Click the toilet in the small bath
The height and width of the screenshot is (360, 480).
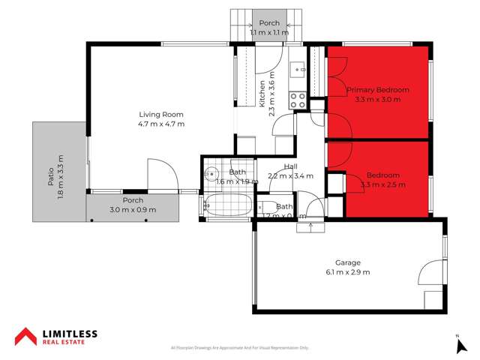pyautogui.click(x=265, y=206)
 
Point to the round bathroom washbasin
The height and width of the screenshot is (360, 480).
pyautogui.click(x=210, y=172)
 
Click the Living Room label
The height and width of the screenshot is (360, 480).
pyautogui.click(x=160, y=115)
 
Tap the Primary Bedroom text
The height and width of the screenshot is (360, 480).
pyautogui.click(x=377, y=90)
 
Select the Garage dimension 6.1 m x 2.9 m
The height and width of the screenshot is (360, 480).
pyautogui.click(x=348, y=271)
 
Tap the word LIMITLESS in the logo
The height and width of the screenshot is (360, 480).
pyautogui.click(x=70, y=333)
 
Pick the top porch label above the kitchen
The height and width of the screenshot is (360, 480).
pyautogui.click(x=269, y=23)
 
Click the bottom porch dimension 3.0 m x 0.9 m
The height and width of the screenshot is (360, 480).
pyautogui.click(x=133, y=209)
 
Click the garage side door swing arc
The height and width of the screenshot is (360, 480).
pyautogui.click(x=431, y=271)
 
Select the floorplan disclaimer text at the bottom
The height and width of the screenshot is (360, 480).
pyautogui.click(x=240, y=348)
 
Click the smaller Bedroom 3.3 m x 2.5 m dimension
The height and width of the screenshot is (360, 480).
pyautogui.click(x=382, y=184)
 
